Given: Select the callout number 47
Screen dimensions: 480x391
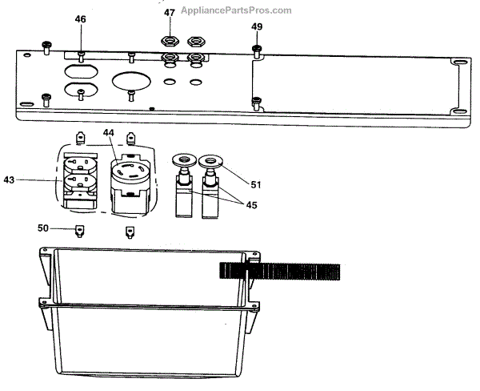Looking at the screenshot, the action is pos(169,13).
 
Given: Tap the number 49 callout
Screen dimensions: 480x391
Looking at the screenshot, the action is pos(256,26).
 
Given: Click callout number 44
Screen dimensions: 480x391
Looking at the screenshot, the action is pos(109,132).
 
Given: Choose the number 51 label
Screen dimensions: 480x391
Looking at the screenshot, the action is pos(256,184).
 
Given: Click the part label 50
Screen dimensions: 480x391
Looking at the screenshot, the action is pos(45,228).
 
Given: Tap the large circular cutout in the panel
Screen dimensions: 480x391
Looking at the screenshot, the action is pos(131,81).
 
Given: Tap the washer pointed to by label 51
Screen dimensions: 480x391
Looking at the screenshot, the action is pos(213,161).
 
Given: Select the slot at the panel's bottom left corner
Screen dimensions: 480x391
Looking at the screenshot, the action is pos(27,105).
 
